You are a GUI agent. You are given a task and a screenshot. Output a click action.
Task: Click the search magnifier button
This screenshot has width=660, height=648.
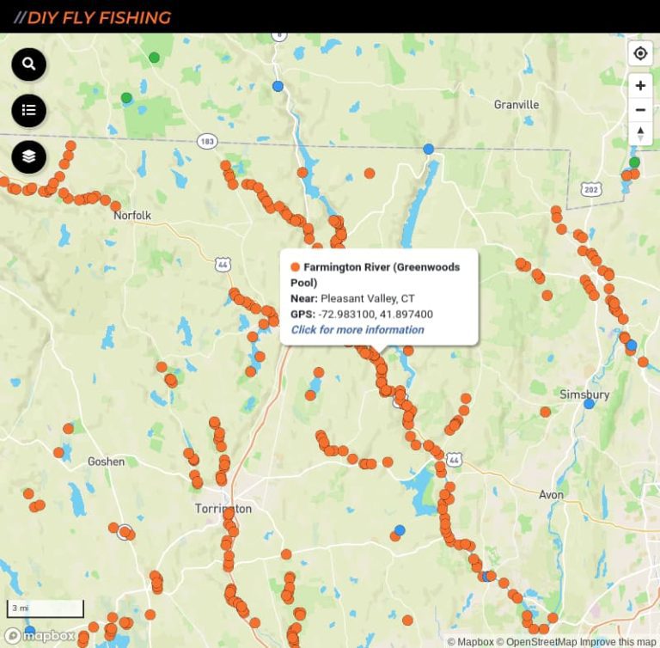(28, 64)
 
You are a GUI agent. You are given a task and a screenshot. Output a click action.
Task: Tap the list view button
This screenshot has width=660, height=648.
(28, 110)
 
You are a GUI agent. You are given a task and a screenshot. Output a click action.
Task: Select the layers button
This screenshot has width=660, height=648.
(28, 156)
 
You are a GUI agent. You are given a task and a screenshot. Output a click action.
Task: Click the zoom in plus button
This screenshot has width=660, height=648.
(640, 86)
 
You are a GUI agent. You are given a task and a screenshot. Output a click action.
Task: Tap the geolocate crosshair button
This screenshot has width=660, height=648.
(640, 53)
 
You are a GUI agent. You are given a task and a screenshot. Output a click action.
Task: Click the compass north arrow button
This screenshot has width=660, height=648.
(640, 132)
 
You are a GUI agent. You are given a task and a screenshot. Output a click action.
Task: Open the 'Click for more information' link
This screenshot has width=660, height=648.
(357, 330)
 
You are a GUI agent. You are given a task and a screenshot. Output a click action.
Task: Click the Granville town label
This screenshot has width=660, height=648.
(516, 105)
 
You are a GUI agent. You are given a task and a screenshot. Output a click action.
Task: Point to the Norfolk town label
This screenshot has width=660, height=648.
(132, 216)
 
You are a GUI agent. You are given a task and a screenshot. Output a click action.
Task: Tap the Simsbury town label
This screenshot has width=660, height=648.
(584, 394)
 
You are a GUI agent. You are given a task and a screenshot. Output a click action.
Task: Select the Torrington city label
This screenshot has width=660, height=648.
(223, 509)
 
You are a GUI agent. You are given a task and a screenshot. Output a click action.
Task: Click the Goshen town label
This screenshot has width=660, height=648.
(106, 462)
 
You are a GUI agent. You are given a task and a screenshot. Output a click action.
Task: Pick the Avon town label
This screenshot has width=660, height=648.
(551, 495)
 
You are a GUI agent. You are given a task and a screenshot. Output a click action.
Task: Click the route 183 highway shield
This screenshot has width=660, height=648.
(206, 141)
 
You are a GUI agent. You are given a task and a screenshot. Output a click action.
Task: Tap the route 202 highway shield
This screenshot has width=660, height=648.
(590, 189)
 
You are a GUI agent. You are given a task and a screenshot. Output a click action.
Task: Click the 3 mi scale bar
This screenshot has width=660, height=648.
(46, 608)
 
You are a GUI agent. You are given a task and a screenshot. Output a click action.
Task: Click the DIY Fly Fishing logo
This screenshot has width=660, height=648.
(93, 17)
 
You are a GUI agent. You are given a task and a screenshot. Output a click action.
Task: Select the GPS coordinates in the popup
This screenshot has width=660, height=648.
(376, 315)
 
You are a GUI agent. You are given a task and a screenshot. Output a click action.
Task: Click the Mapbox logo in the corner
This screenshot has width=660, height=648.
(40, 636)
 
